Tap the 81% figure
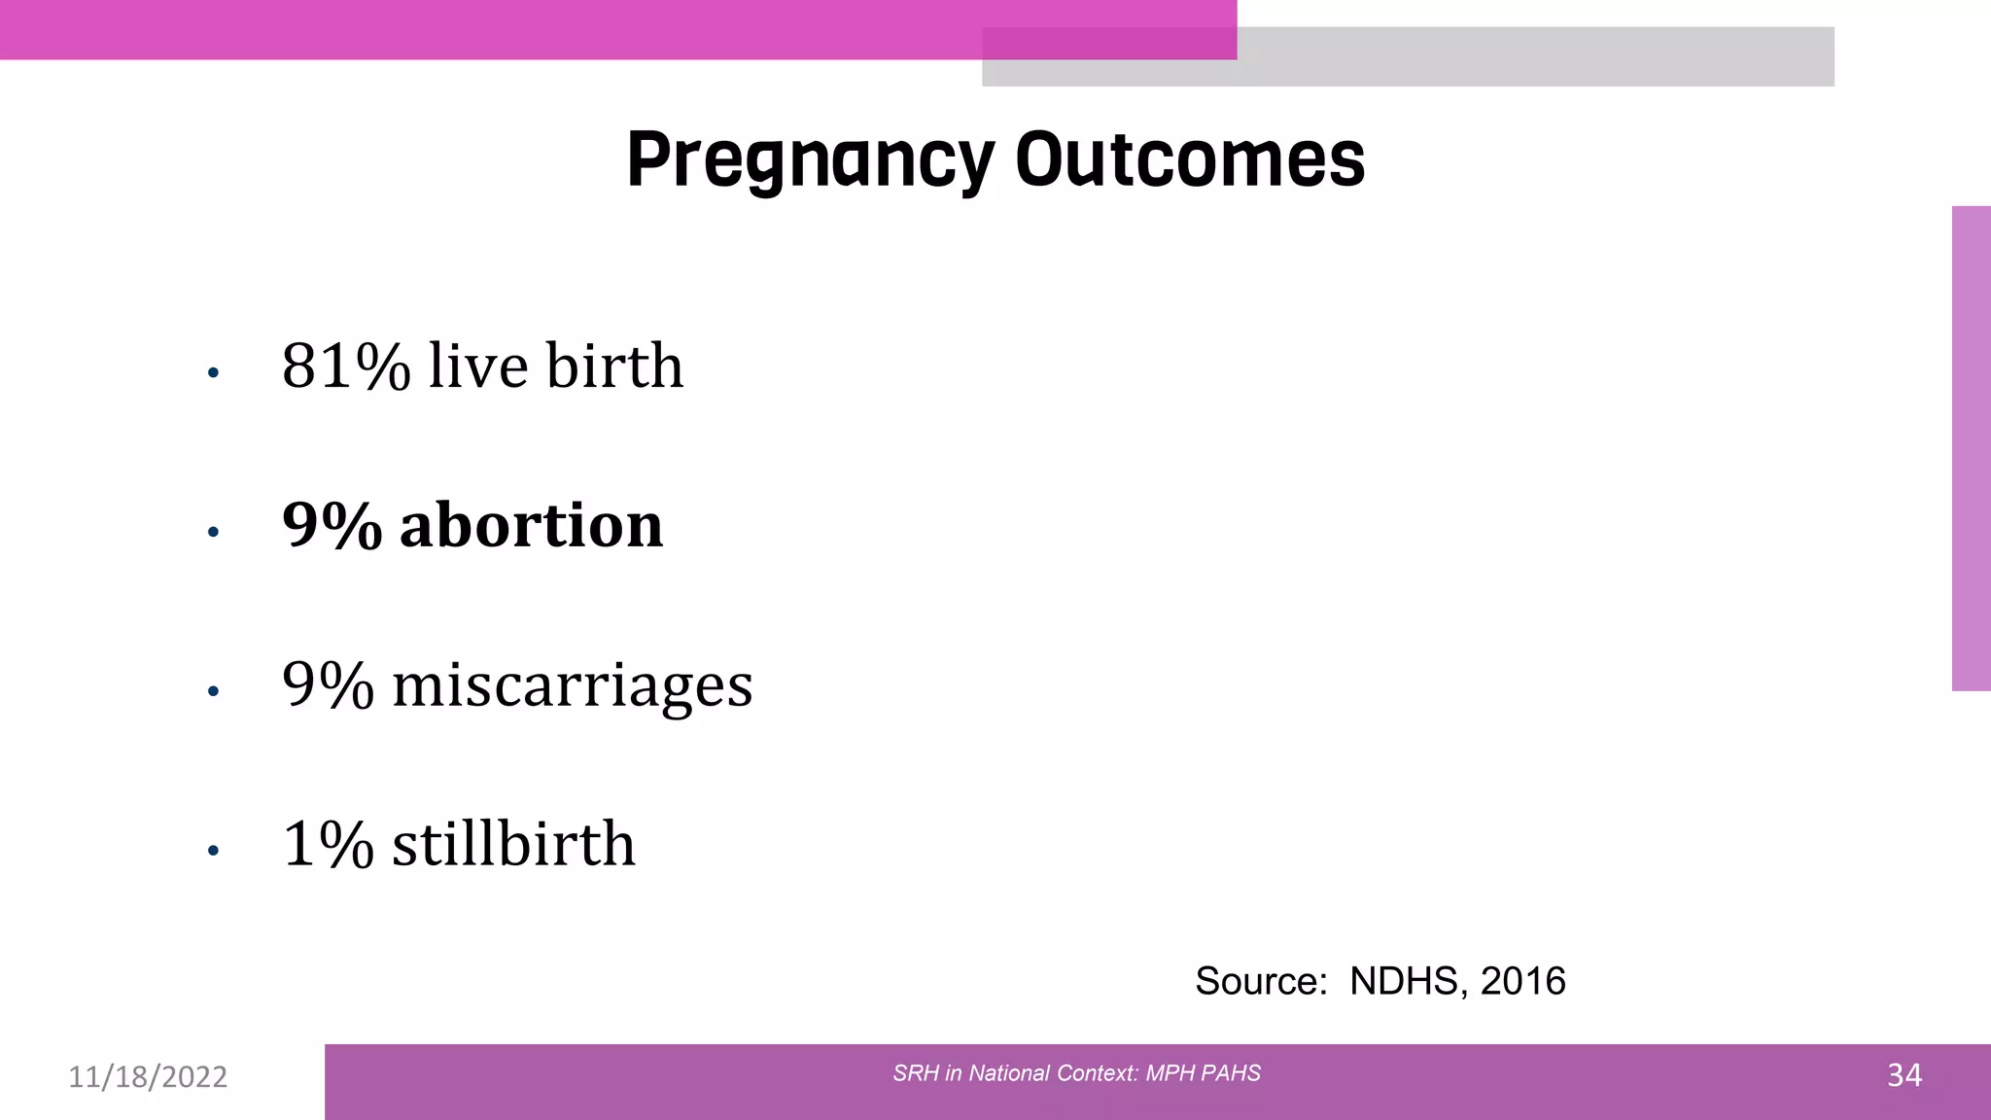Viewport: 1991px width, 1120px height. pos(346,367)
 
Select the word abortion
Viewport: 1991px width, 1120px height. pos(531,526)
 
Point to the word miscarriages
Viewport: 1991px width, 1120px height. pos(572,685)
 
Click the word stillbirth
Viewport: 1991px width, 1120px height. pos(513,844)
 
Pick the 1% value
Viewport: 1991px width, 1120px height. pos(328,844)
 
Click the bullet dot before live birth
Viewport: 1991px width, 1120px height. pos(213,372)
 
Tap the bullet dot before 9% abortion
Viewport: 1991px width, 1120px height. pos(213,532)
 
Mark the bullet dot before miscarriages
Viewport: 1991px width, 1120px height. pos(213,691)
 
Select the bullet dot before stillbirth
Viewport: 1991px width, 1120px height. pos(213,851)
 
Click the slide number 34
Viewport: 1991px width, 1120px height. pos(1904,1075)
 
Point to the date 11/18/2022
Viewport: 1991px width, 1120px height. pos(148,1077)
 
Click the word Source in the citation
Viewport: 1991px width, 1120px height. pos(1260,982)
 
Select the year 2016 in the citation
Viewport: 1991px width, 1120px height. pos(1522,982)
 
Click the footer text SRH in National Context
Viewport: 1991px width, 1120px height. pos(1076,1073)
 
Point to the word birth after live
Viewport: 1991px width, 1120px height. pos(613,367)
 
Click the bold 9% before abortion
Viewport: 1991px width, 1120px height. pos(332,526)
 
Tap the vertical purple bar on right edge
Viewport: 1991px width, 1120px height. pos(1971,448)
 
